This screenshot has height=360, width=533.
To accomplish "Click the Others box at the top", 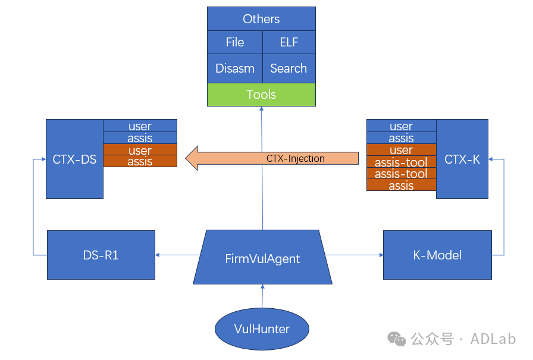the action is click(x=261, y=18).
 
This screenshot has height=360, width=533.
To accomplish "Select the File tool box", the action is click(x=235, y=42).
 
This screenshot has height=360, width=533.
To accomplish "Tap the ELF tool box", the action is click(x=289, y=42).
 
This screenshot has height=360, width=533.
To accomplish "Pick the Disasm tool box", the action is click(x=235, y=68).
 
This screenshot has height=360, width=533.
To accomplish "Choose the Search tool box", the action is click(x=289, y=68).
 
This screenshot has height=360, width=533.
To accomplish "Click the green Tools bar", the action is click(x=261, y=95).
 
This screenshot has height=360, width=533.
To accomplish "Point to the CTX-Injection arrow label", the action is click(x=296, y=158).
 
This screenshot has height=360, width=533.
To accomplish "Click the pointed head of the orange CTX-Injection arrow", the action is click(x=186, y=158).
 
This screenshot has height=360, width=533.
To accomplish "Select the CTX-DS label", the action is click(x=74, y=159).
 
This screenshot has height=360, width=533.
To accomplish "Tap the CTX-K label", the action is click(x=462, y=159).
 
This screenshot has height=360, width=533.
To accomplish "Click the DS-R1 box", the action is click(x=101, y=255).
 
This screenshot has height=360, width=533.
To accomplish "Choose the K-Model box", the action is click(x=437, y=255).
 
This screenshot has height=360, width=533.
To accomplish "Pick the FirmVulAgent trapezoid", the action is click(x=262, y=257).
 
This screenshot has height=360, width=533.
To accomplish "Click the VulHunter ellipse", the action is click(x=262, y=328).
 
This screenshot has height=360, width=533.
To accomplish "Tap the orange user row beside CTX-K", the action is click(x=401, y=149).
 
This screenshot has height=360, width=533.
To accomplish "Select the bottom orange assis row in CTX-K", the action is click(x=401, y=185).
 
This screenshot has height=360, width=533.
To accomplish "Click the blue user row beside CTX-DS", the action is click(x=140, y=126).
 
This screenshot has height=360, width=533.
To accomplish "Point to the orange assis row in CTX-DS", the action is click(x=140, y=161).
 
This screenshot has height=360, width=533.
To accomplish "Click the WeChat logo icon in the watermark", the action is click(x=396, y=339).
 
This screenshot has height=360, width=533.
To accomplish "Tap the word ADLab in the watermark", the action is click(x=493, y=339).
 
